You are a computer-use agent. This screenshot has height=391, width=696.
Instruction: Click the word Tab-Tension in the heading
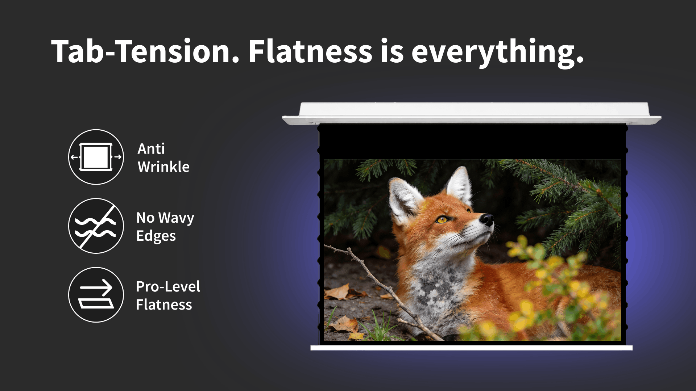pos(145,51)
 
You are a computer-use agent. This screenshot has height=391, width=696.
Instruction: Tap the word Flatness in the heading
pos(310,51)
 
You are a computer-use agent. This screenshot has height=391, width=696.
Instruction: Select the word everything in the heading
pos(497,52)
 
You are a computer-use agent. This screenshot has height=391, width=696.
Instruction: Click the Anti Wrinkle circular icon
pos(96,157)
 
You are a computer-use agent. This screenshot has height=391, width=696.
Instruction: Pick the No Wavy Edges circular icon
pos(96,226)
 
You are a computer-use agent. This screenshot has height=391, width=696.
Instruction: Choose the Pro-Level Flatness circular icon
pos(96,295)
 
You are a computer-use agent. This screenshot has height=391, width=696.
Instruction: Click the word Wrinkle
pos(163,167)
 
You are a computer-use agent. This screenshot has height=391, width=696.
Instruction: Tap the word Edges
pos(156,236)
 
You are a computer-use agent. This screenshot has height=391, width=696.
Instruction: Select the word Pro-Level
pos(168,286)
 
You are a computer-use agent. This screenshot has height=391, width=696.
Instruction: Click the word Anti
pos(151,149)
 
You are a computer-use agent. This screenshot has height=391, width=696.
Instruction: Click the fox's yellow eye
pos(442,219)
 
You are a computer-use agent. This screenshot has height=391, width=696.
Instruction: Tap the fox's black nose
pos(487,219)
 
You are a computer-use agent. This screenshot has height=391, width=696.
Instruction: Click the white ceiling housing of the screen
pos(472,113)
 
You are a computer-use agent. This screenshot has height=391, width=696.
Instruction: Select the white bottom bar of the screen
pos(471,348)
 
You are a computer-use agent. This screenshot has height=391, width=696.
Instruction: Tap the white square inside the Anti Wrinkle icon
pos(96,157)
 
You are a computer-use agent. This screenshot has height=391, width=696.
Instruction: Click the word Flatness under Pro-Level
pos(164,305)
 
